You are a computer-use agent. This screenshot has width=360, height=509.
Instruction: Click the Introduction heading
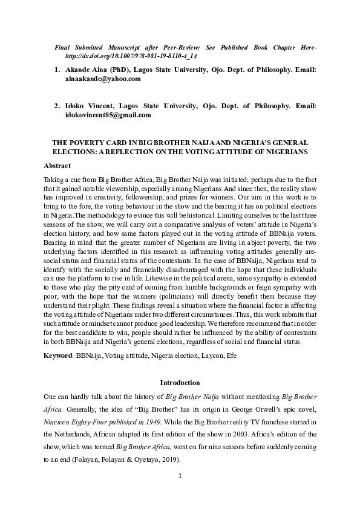click(x=180, y=383)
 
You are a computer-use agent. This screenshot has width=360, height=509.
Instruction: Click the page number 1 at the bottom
click(x=180, y=476)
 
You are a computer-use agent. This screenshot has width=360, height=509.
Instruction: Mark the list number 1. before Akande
click(x=57, y=70)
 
